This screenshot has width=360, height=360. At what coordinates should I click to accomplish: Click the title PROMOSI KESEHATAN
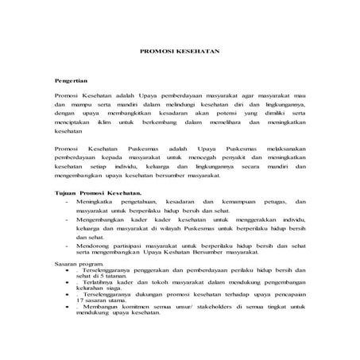[180, 49]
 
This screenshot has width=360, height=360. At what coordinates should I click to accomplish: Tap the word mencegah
[203, 159]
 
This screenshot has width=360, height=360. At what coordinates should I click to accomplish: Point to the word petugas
[271, 203]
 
